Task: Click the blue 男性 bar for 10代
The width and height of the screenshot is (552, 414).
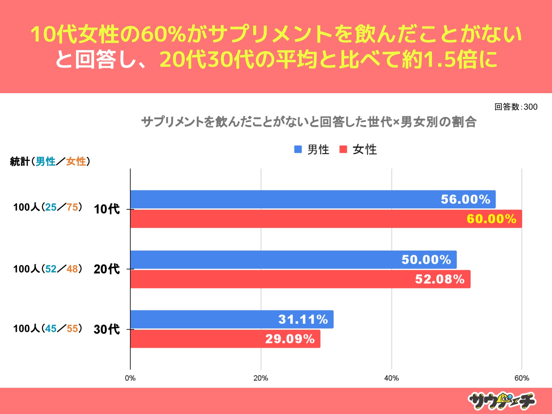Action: click(x=313, y=199)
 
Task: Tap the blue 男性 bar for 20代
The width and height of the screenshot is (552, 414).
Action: click(x=293, y=260)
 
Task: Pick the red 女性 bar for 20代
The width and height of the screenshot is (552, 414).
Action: click(x=300, y=279)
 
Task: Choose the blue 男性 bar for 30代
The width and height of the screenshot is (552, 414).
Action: click(x=232, y=319)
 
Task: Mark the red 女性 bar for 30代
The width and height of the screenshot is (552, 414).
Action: click(x=225, y=339)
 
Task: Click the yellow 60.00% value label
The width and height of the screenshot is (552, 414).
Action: click(x=491, y=219)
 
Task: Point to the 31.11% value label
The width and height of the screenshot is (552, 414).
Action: click(x=303, y=320)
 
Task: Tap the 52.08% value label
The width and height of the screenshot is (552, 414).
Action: click(x=440, y=279)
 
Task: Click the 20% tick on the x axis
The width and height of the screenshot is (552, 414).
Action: click(x=261, y=378)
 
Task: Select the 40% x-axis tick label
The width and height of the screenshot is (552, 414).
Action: click(x=391, y=378)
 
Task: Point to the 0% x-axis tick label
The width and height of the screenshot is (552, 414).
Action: click(x=130, y=378)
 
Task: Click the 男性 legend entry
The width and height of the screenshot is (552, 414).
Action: click(x=312, y=150)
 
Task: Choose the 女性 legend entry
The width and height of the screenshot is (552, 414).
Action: click(x=358, y=150)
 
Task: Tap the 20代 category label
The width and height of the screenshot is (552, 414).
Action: click(x=106, y=269)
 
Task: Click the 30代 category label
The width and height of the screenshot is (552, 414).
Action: click(x=106, y=329)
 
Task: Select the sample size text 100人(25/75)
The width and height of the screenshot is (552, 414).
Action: click(x=48, y=207)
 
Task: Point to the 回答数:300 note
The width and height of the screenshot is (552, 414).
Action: click(x=516, y=107)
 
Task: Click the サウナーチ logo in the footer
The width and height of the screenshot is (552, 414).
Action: click(x=502, y=401)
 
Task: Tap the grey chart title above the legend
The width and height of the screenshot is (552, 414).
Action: click(x=309, y=122)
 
